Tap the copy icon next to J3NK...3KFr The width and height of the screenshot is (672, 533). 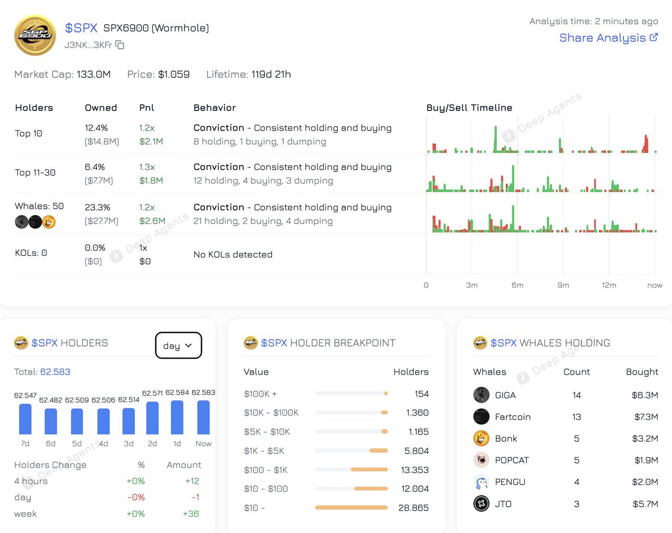[120, 45]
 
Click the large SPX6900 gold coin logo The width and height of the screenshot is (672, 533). [35, 35]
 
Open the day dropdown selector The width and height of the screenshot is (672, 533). [178, 345]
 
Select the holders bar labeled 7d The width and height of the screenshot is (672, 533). [25, 419]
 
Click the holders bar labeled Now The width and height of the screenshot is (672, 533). [203, 417]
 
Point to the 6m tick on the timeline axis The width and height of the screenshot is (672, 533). [517, 285]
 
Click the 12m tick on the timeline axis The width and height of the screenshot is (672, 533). [609, 285]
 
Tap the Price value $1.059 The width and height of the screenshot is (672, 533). [174, 74]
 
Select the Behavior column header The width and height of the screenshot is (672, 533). [214, 107]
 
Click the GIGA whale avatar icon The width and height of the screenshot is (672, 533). [481, 395]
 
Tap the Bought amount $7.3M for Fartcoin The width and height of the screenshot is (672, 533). [644, 417]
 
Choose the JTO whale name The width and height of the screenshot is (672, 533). [503, 504]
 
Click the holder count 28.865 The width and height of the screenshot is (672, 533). [414, 508]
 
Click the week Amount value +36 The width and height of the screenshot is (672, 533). [191, 513]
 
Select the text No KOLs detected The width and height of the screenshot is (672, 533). [232, 254]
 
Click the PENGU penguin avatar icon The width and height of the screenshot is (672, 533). [481, 482]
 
